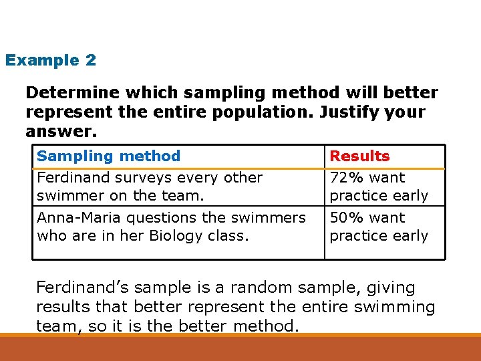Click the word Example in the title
(x=41, y=60)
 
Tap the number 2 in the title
(x=91, y=60)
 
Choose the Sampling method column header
(x=108, y=156)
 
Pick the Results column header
(x=359, y=156)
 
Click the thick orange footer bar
(x=240, y=348)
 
